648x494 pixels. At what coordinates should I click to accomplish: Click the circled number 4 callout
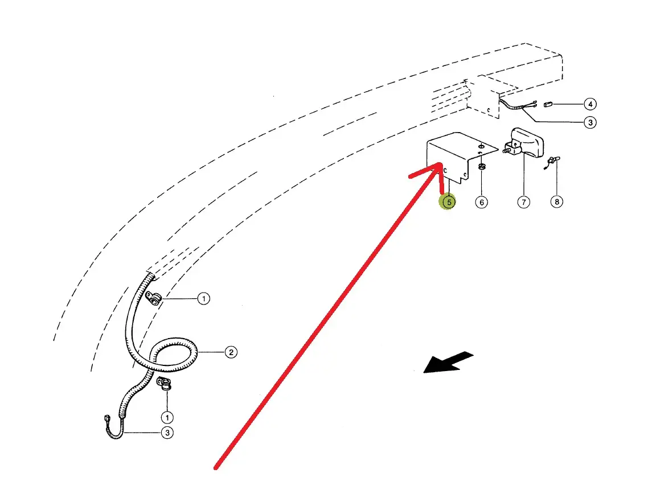pyautogui.click(x=590, y=104)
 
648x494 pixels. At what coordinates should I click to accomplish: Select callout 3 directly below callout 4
pyautogui.click(x=590, y=122)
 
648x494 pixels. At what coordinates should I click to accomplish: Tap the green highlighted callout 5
pyautogui.click(x=449, y=201)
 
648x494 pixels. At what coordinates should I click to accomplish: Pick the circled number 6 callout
pyautogui.click(x=482, y=201)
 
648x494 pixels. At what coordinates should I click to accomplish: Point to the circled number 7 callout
pyautogui.click(x=523, y=201)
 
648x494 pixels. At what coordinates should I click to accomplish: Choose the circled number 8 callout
pyautogui.click(x=557, y=201)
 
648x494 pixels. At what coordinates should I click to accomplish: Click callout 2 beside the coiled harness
pyautogui.click(x=230, y=352)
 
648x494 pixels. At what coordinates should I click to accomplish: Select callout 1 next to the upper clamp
pyautogui.click(x=203, y=298)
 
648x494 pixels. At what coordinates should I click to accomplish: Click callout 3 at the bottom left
pyautogui.click(x=167, y=433)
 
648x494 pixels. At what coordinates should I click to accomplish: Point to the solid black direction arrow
pyautogui.click(x=449, y=363)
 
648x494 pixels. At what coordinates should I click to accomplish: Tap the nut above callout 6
pyautogui.click(x=482, y=167)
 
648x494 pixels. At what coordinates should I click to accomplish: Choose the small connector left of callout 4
pyautogui.click(x=549, y=105)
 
